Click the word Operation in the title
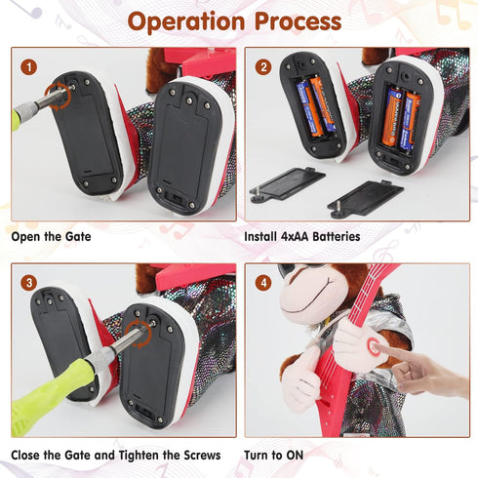(x=186, y=22)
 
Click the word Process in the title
(x=298, y=21)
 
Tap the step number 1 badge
(x=29, y=67)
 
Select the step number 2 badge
(x=263, y=67)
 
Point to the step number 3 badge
(x=29, y=283)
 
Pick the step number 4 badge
(x=263, y=283)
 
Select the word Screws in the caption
(x=202, y=455)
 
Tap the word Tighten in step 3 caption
(x=139, y=455)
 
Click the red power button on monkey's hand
(x=373, y=346)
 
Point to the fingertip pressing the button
(x=378, y=348)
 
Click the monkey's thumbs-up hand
(x=300, y=378)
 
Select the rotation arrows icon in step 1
(x=58, y=96)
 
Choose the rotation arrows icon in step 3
(x=139, y=335)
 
